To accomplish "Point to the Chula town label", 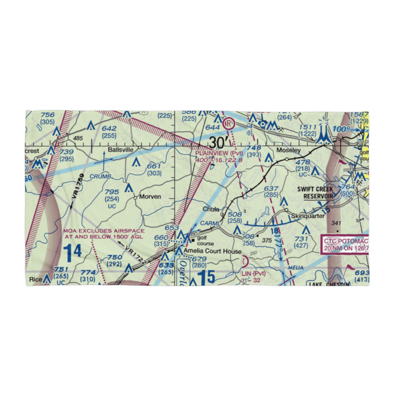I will [211, 209].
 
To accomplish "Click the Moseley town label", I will [288, 150].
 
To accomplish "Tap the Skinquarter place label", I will [308, 216].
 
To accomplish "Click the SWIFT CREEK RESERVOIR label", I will [315, 193].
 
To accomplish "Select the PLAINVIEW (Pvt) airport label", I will [218, 152].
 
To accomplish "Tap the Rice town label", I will [36, 279].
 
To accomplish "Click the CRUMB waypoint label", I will [101, 176].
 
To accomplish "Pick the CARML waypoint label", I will [210, 224].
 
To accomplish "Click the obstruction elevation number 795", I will [112, 192].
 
